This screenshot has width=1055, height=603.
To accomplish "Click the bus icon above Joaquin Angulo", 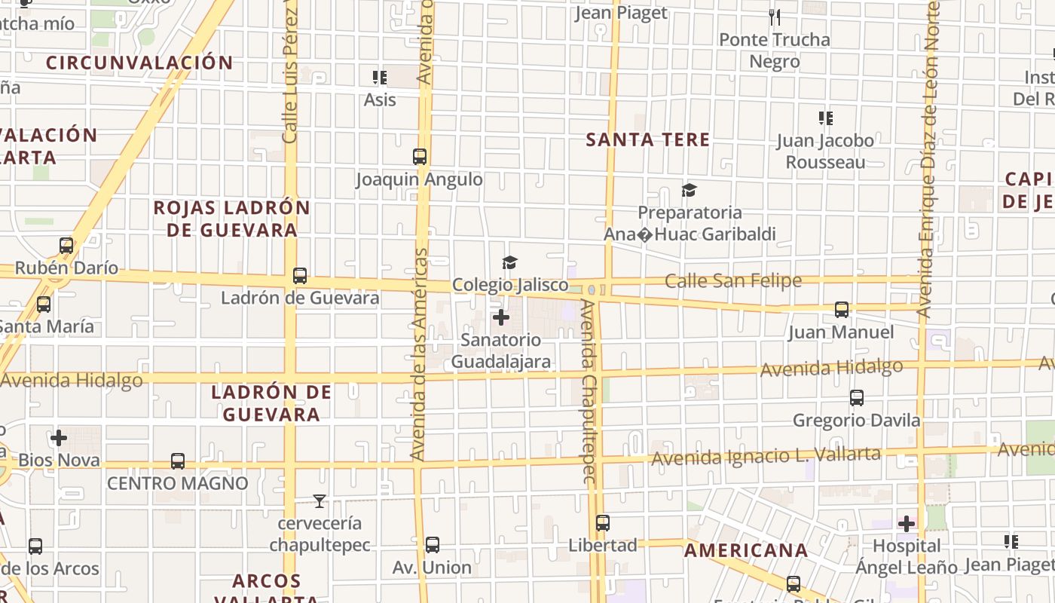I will coord(420,157).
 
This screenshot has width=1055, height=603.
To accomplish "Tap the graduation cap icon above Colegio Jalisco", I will coord(510,262).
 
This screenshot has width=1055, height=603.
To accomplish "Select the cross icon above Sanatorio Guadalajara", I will coord(501,317).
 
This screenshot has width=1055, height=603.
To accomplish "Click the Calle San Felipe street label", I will coord(732,281).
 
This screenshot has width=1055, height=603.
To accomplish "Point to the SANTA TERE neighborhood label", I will coord(648,139).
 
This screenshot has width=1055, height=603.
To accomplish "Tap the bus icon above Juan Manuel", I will coord(842,310).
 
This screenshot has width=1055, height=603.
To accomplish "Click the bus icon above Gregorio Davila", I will coord(857,398).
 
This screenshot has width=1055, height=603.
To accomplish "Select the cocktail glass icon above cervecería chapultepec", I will coord(320,500).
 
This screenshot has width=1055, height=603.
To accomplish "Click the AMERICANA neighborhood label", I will coord(746,550).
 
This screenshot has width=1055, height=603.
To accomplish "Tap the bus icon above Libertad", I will coord(603,522).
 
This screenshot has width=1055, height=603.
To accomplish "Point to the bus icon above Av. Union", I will coord(433,545).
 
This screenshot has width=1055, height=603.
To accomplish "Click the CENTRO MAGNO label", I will coord(178,483).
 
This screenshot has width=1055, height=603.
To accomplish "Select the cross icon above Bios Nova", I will coord(59,438).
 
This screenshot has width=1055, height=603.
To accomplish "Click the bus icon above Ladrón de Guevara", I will coord(300,276).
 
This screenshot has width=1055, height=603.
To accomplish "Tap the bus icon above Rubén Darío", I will coord(66,246).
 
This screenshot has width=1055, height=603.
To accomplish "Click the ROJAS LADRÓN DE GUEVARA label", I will coord(232,219).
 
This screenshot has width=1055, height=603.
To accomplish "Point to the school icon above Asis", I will coord(380,78).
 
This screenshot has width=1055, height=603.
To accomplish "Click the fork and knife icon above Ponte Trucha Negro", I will coord(774,17).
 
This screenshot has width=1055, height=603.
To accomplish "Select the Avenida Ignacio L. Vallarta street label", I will coord(766,456).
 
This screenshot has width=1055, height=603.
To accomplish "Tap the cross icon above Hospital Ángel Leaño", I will coord(907,523).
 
